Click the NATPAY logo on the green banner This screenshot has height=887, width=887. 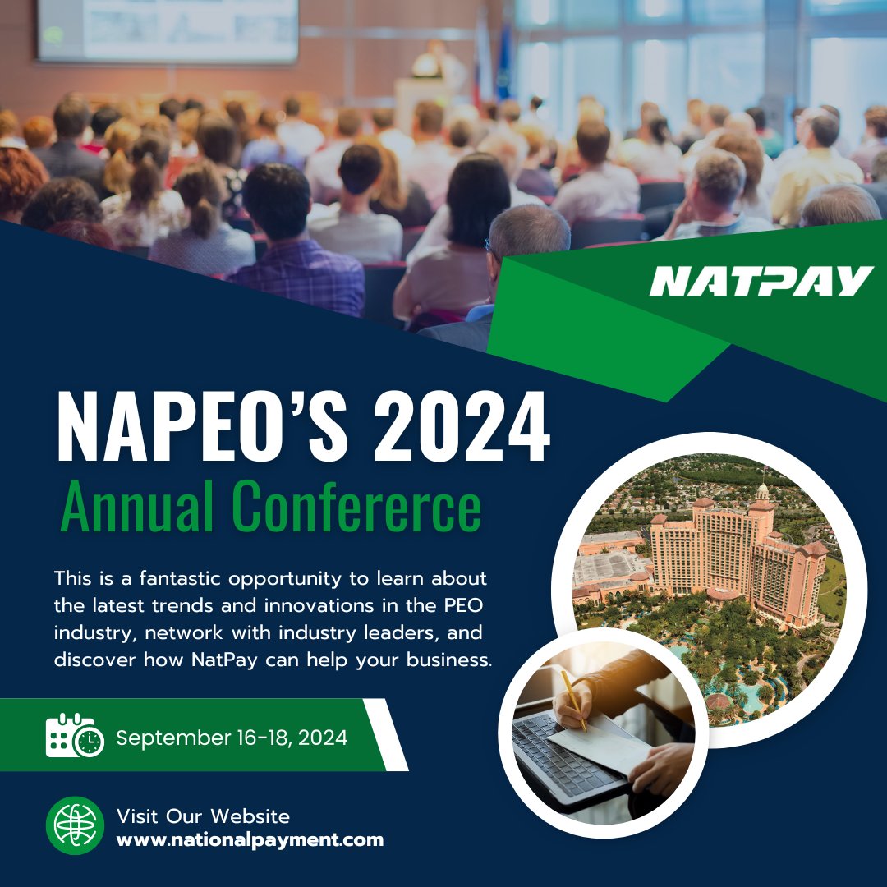[761, 281]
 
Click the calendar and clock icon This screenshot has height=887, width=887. [75, 735]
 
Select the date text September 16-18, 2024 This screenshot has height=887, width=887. [232, 738]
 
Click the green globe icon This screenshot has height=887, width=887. [75, 825]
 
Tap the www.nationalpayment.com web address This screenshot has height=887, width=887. [250, 840]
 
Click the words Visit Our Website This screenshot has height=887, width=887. [203, 816]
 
